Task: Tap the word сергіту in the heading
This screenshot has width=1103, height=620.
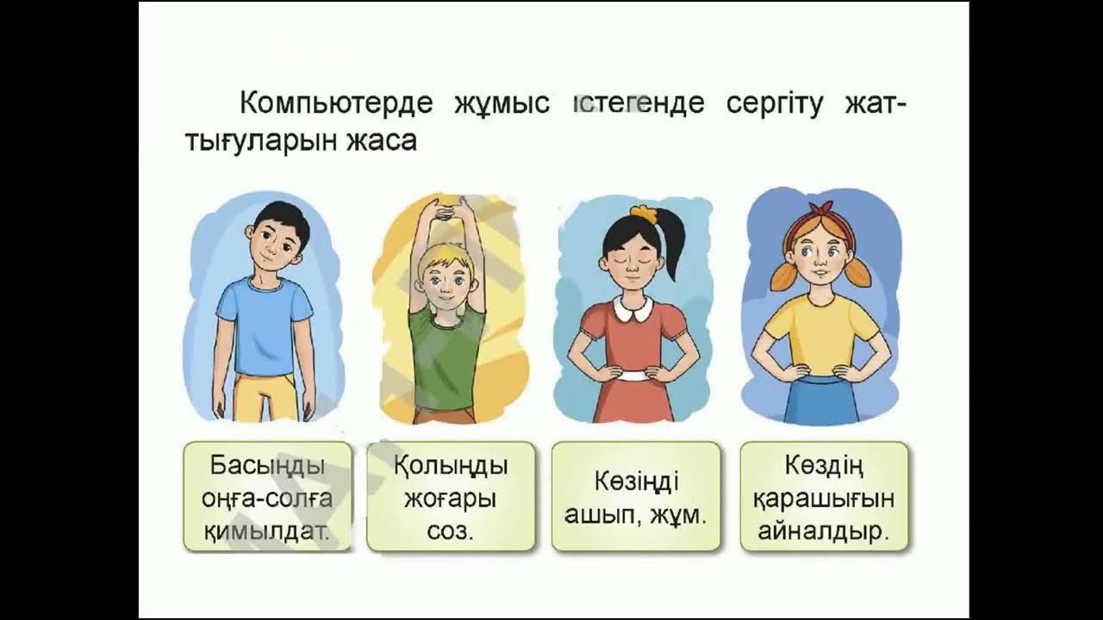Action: tap(779, 103)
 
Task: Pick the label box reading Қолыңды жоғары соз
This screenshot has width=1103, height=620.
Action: tap(450, 497)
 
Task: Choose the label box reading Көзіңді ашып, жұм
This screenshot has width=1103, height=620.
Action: tap(635, 497)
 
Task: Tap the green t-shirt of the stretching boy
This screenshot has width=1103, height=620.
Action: tap(446, 353)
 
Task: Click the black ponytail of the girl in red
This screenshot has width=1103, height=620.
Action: tap(673, 250)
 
